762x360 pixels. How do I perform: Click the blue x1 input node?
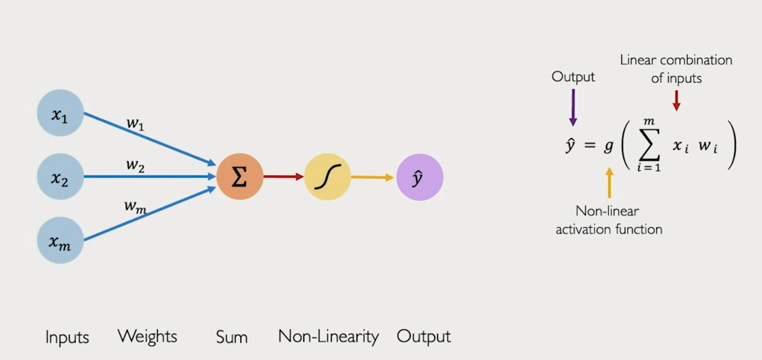[x=60, y=113]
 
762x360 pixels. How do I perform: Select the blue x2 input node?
[x=60, y=177]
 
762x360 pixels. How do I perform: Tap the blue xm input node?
[x=60, y=240]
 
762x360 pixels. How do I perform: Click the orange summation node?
[x=240, y=177]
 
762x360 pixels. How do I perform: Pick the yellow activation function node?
[x=327, y=177]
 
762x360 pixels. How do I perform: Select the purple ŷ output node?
[x=419, y=177]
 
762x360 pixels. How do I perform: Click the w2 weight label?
[x=135, y=165]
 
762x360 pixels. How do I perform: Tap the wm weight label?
[x=135, y=206]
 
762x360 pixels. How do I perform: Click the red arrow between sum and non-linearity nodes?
[x=283, y=177]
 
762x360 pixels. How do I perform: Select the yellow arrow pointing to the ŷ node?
[x=372, y=177]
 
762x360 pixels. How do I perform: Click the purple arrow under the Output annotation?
[x=573, y=107]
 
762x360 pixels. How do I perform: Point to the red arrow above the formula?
[x=676, y=100]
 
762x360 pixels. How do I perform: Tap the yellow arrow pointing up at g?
[x=609, y=182]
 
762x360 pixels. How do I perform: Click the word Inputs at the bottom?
[x=67, y=338]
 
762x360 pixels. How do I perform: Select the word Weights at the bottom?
[x=147, y=336]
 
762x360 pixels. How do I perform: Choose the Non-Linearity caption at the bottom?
[x=328, y=337]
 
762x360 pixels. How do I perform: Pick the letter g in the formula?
[x=609, y=147]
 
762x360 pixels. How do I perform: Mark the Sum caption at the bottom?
[x=232, y=337]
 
